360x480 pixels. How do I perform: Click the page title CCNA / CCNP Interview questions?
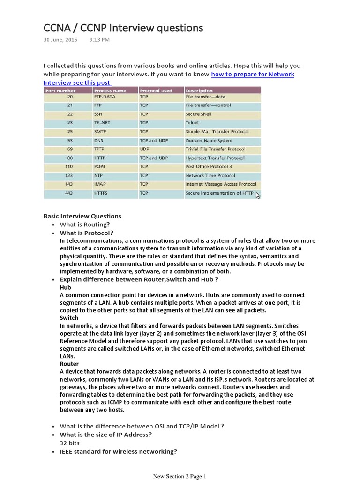(123, 28)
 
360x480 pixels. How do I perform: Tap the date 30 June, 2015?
(60, 40)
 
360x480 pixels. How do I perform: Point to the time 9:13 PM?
(99, 40)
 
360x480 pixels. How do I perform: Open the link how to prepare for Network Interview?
(253, 75)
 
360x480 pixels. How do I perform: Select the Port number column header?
(60, 90)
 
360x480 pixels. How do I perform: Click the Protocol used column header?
(156, 90)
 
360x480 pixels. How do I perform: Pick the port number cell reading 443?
(69, 193)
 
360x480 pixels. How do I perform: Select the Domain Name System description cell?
(209, 140)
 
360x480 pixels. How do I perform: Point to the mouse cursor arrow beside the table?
(258, 195)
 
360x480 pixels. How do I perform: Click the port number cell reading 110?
(69, 166)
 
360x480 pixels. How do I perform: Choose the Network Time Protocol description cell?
(208, 175)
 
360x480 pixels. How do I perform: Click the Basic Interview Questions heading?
(82, 216)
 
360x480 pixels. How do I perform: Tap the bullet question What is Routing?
(85, 225)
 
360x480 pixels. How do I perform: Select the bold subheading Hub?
(65, 287)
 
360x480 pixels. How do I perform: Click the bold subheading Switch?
(69, 318)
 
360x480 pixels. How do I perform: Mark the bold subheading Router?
(69, 364)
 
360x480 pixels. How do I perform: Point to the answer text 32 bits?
(70, 443)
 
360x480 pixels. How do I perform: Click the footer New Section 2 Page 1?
(180, 476)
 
